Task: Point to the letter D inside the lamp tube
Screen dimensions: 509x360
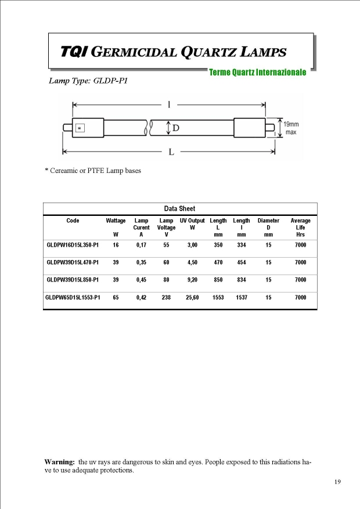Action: click(175, 127)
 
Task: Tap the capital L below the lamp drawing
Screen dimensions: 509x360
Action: click(171, 152)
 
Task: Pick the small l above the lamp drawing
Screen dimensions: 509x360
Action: click(168, 105)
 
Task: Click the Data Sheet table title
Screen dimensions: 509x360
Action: click(180, 208)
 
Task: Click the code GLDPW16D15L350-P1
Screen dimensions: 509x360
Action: click(73, 246)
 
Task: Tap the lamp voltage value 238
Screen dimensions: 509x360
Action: click(166, 298)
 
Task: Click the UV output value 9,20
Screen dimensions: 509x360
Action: click(192, 280)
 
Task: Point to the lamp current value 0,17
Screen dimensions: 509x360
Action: click(141, 246)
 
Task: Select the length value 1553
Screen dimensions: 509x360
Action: click(218, 298)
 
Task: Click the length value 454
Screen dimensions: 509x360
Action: click(241, 263)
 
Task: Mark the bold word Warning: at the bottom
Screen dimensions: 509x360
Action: click(60, 462)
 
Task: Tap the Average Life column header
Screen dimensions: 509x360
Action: click(300, 228)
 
